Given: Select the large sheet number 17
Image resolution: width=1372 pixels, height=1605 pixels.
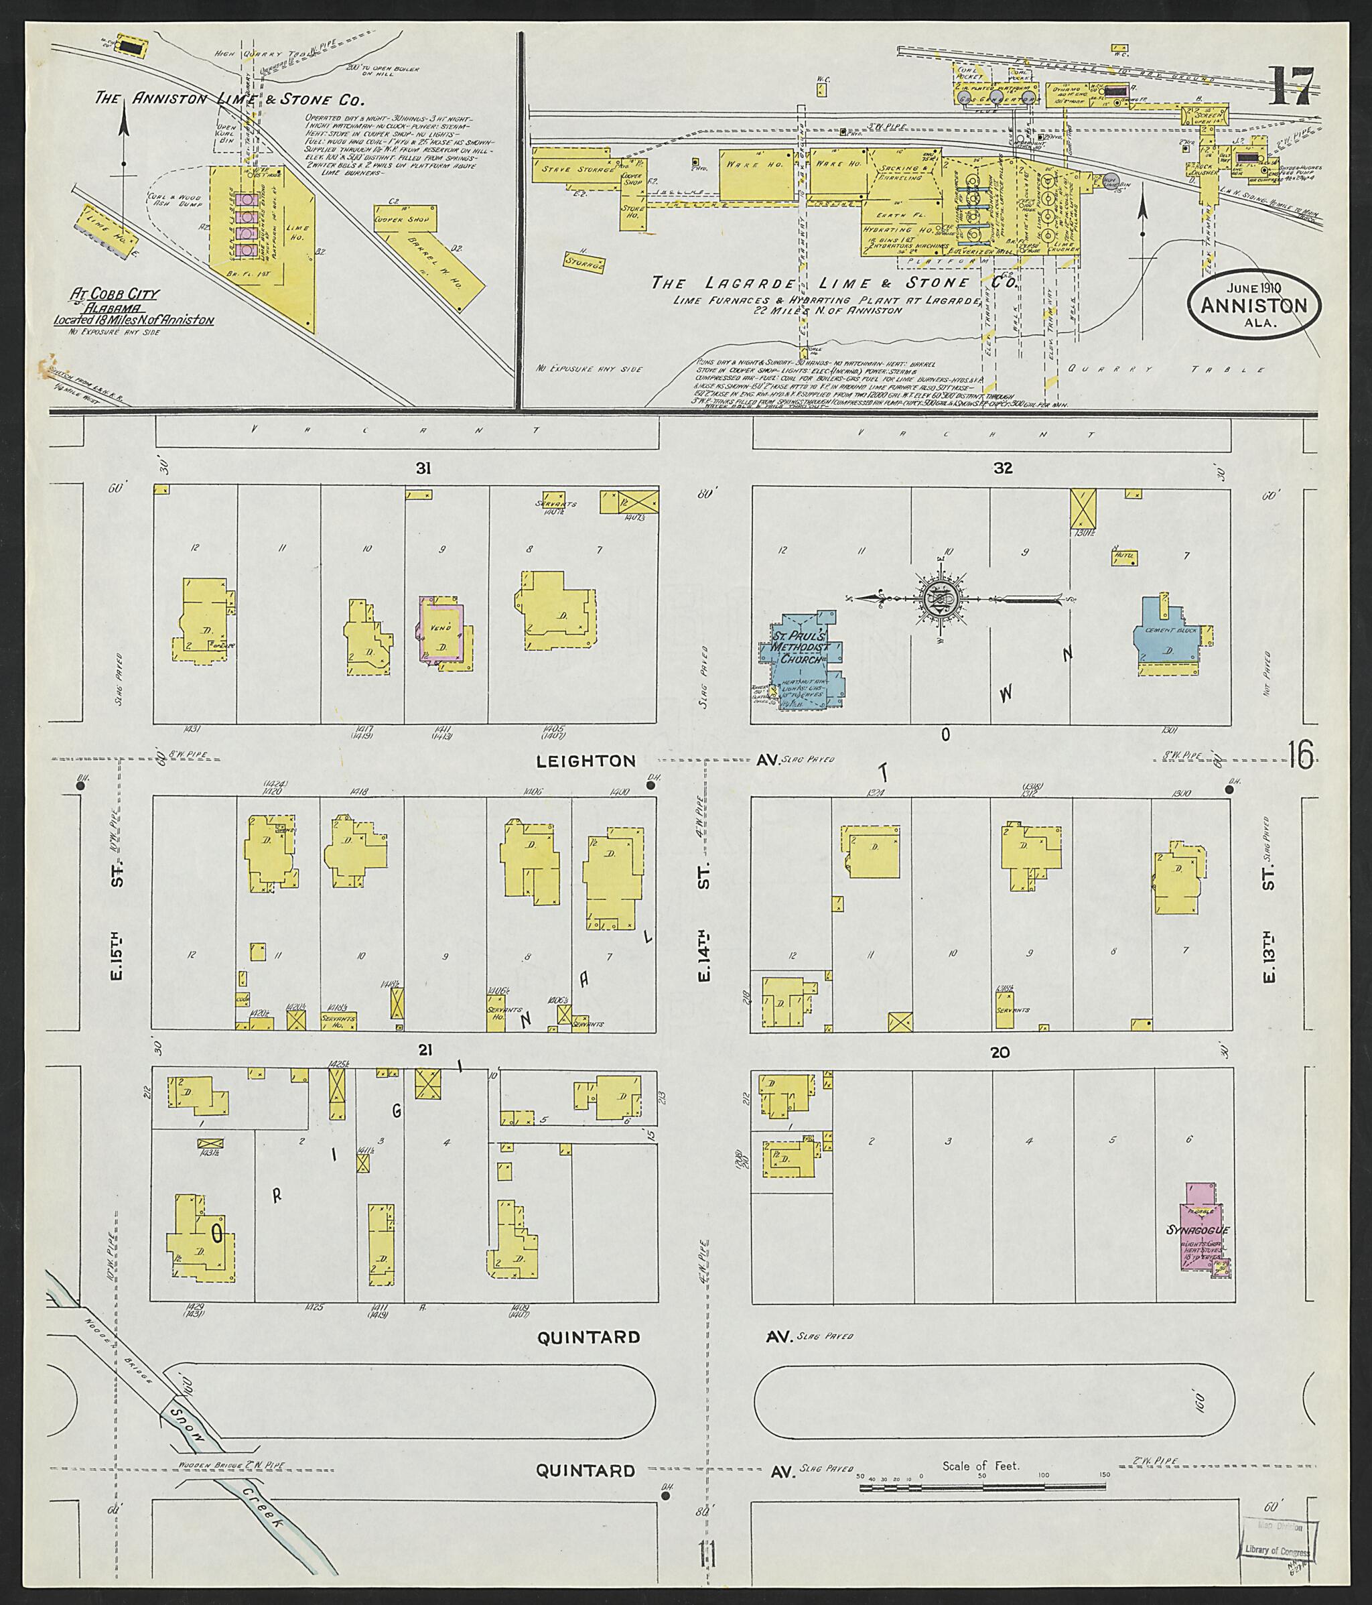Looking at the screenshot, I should (x=1291, y=86).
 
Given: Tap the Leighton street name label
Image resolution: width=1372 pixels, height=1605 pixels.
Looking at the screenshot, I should (x=586, y=761).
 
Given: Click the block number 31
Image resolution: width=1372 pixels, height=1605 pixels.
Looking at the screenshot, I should (x=423, y=468).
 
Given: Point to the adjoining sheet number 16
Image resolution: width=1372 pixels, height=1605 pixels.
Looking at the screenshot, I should (x=1301, y=755).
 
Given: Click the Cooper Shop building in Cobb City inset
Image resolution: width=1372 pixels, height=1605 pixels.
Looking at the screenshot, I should (x=405, y=219).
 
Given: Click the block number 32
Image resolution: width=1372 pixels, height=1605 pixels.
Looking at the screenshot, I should (x=1003, y=468).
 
